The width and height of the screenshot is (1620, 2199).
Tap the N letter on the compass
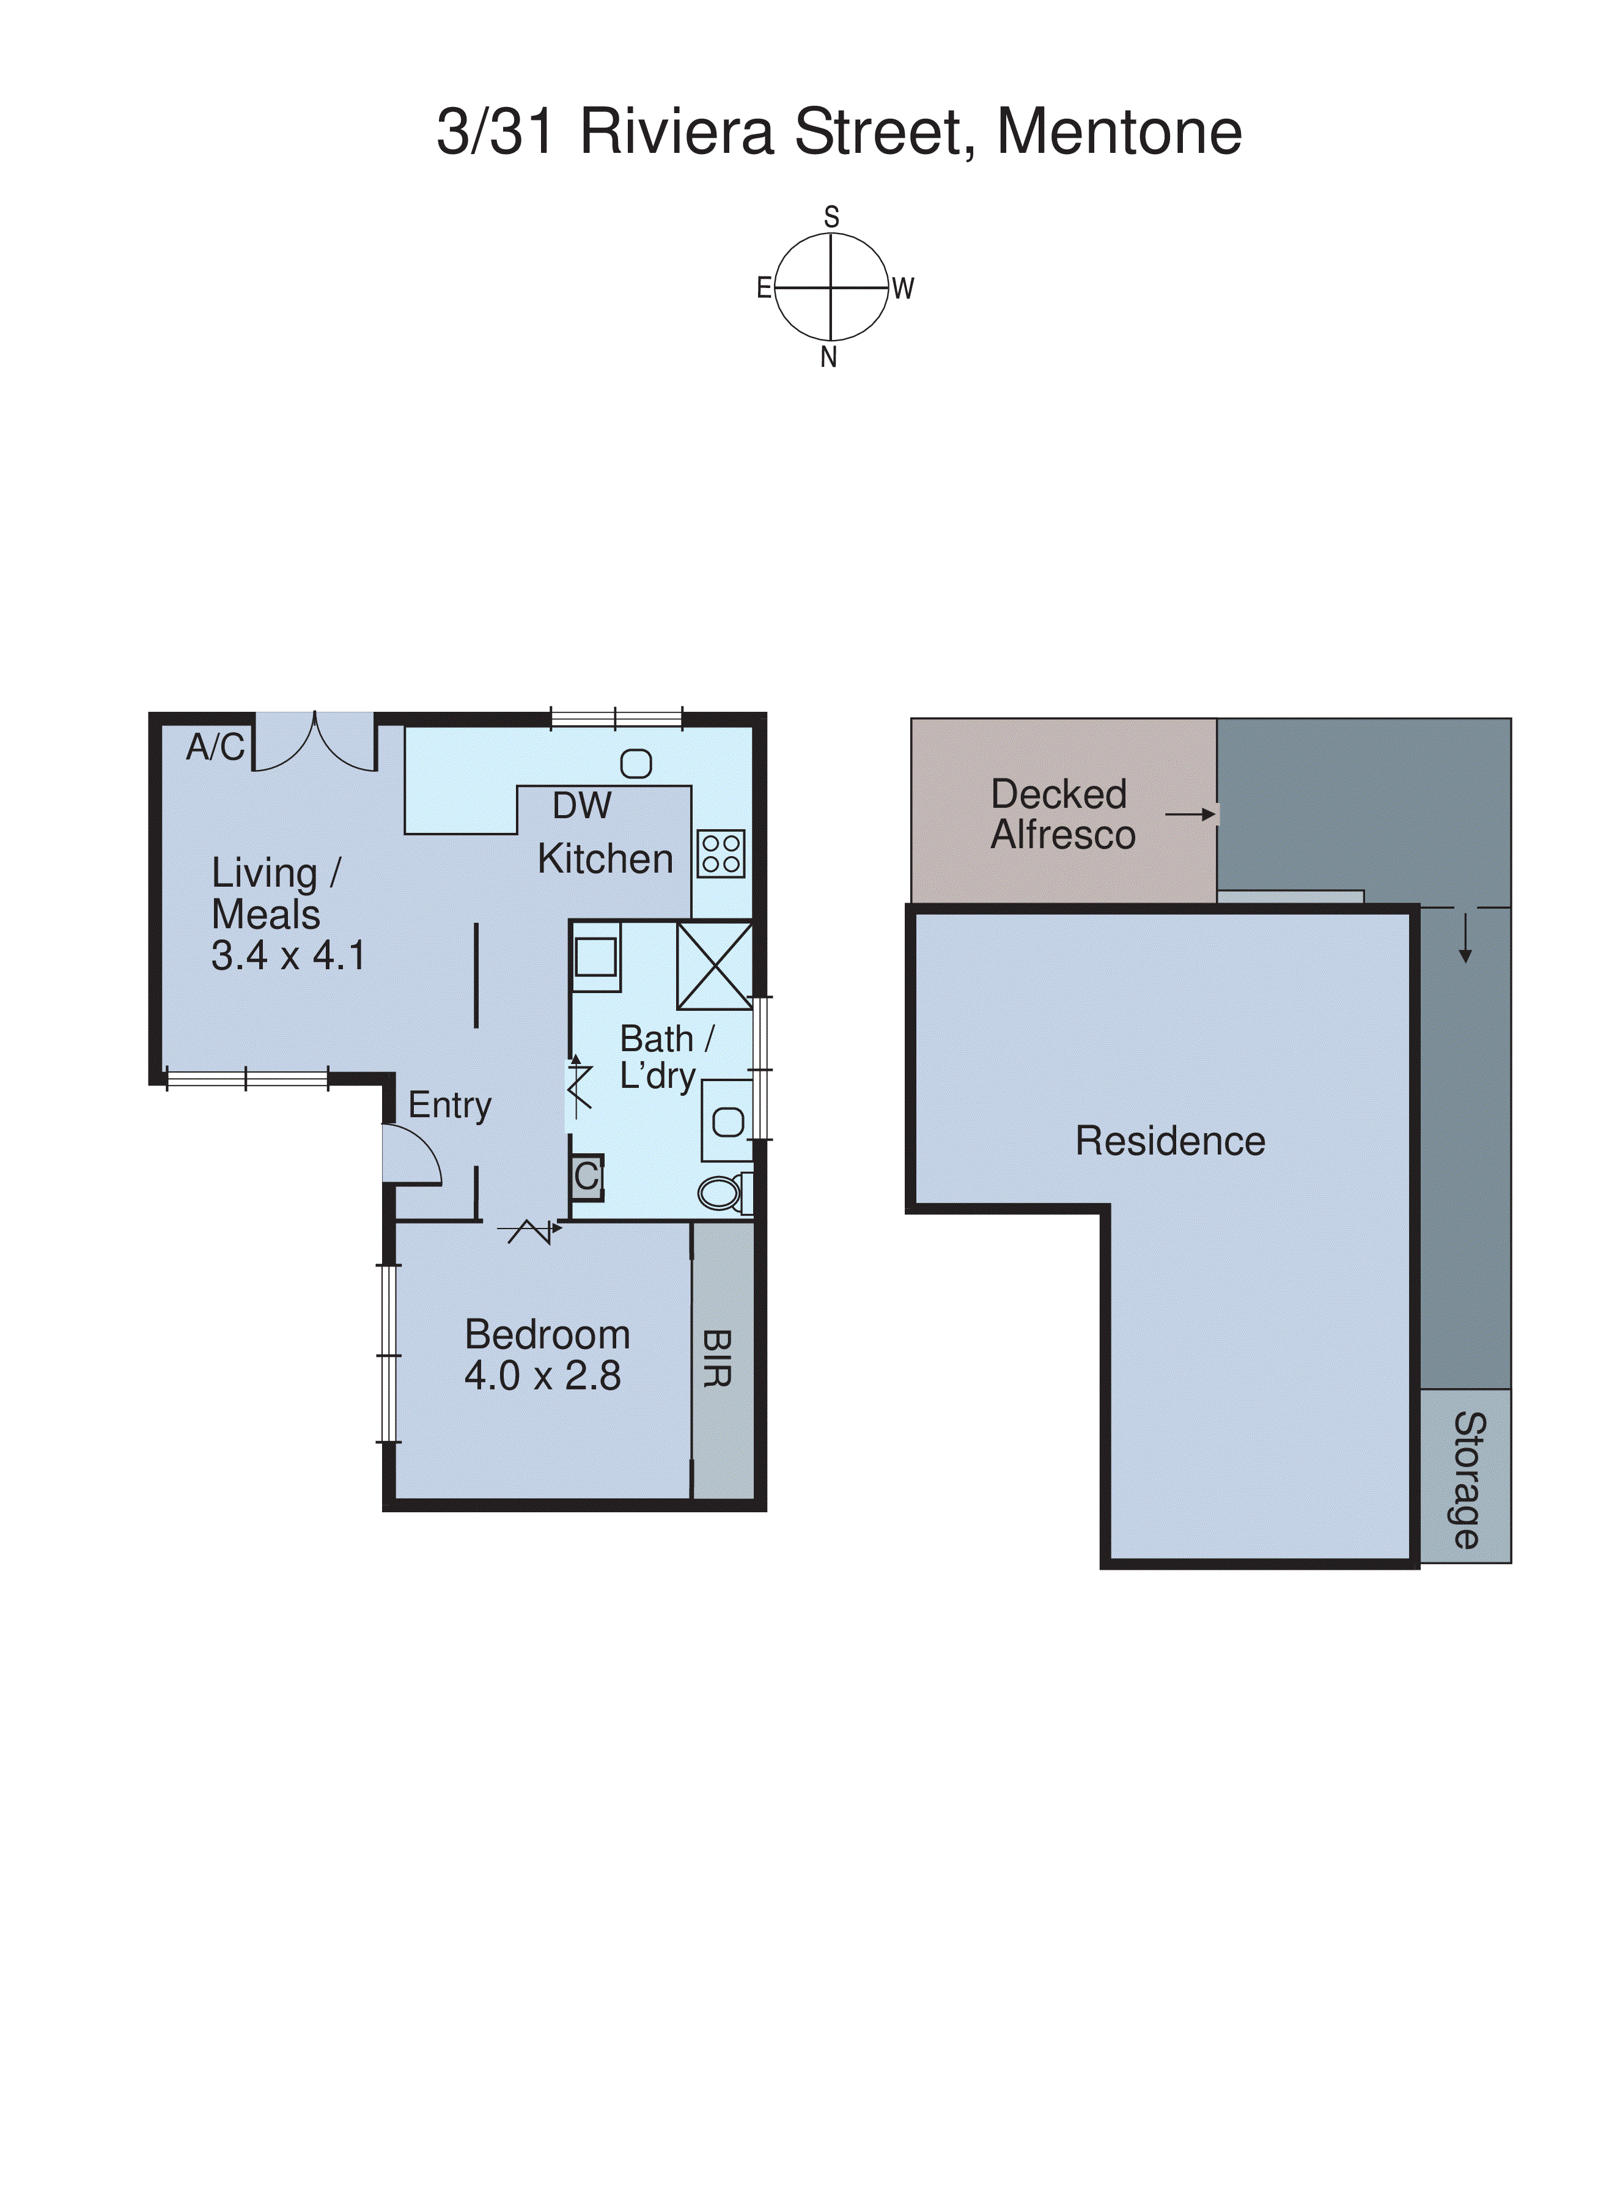[x=828, y=358]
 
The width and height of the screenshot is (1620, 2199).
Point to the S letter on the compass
[x=831, y=216]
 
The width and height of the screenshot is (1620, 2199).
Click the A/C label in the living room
[x=215, y=747]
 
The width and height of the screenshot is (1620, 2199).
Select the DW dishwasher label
[x=581, y=806]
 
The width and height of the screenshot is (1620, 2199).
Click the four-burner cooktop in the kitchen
[x=721, y=853]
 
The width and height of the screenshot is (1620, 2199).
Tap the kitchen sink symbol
[x=635, y=764]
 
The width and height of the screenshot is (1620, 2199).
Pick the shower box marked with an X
[x=714, y=965]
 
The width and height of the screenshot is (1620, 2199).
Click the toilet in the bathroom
[x=723, y=1192]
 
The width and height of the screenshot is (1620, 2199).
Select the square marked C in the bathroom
[x=586, y=1176]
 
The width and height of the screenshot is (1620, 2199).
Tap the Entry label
[x=449, y=1106]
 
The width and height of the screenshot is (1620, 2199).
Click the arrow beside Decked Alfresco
[x=1190, y=814]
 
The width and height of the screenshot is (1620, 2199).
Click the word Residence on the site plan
[x=1170, y=1140]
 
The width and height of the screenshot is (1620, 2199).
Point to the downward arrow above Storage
[x=1465, y=940]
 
